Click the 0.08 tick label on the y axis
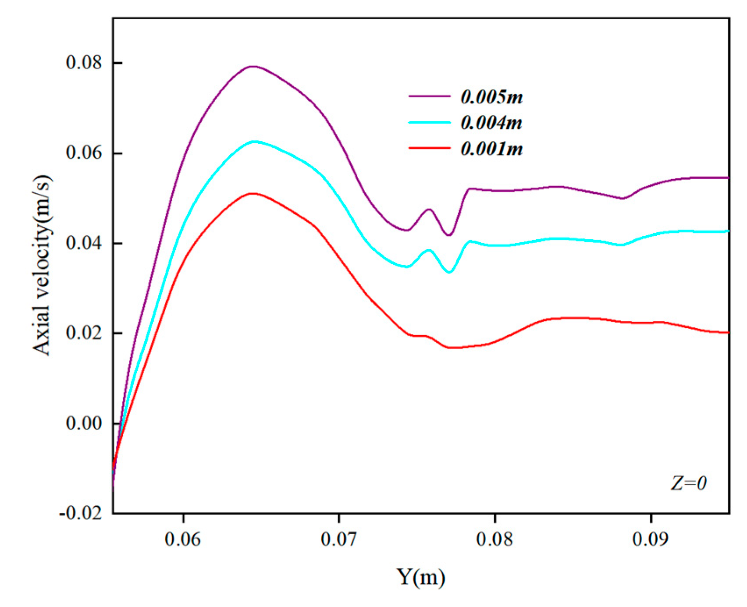click(83, 63)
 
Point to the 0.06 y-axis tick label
click(83, 153)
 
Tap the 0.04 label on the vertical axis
click(83, 243)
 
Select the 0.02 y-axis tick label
click(83, 333)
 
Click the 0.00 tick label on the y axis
click(83, 423)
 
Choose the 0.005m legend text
click(492, 97)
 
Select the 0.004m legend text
click(492, 123)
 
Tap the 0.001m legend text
click(492, 149)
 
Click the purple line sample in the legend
click(430, 96)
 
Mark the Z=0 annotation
click(689, 483)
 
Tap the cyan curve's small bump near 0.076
click(429, 250)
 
